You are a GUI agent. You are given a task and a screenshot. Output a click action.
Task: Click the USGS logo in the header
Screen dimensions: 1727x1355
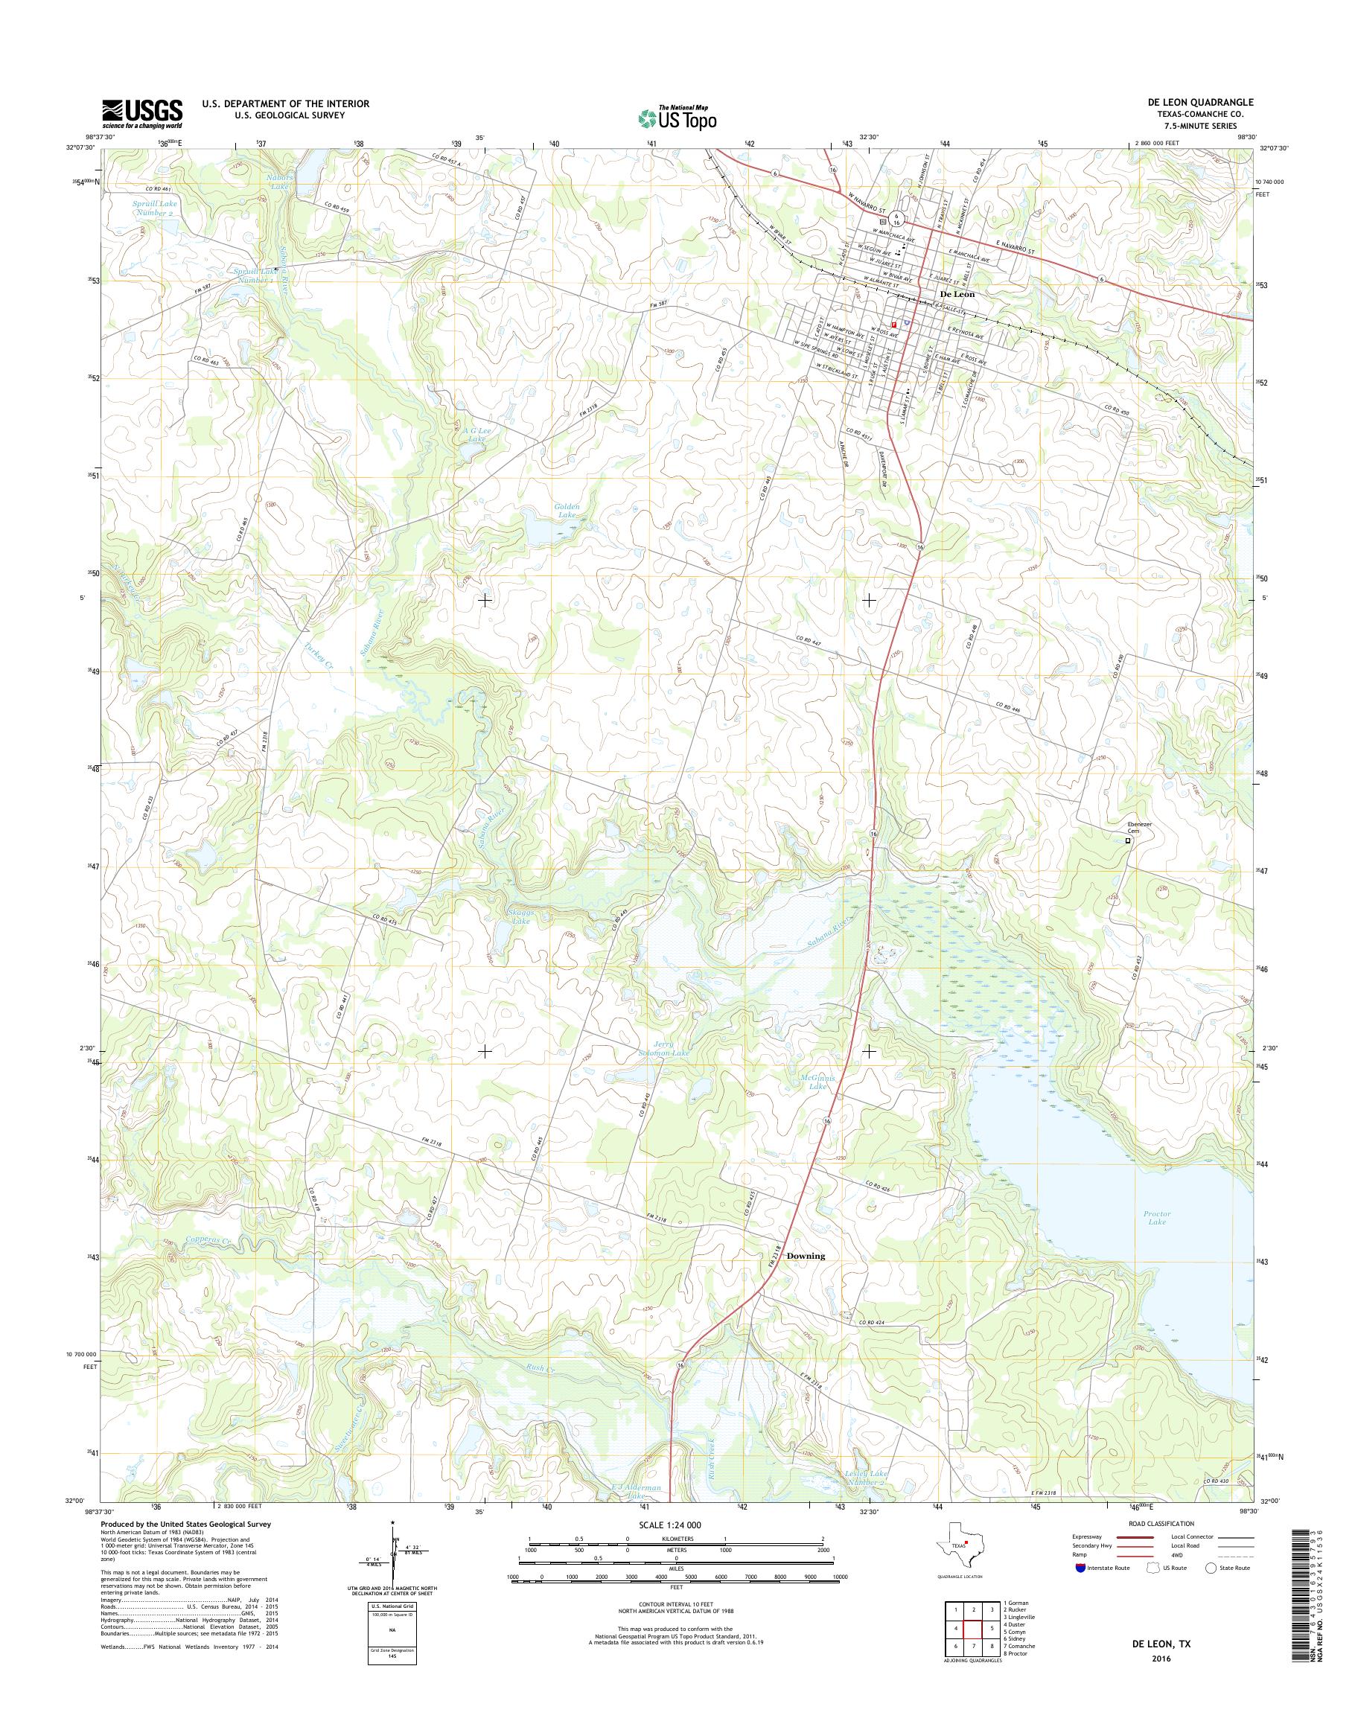pyautogui.click(x=142, y=114)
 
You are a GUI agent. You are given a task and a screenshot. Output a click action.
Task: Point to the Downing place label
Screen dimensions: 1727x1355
pyautogui.click(x=806, y=1278)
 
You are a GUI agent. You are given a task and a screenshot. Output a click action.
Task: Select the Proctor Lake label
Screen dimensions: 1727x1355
pyautogui.click(x=1158, y=1240)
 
